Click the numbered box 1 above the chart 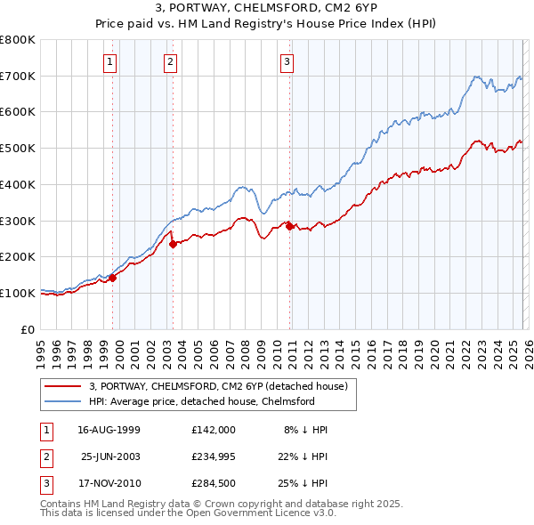(x=109, y=61)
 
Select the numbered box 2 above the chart (x=169, y=61)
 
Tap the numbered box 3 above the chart (x=287, y=61)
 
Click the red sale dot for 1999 (x=113, y=278)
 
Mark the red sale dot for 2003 (x=173, y=245)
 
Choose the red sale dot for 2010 (x=290, y=227)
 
